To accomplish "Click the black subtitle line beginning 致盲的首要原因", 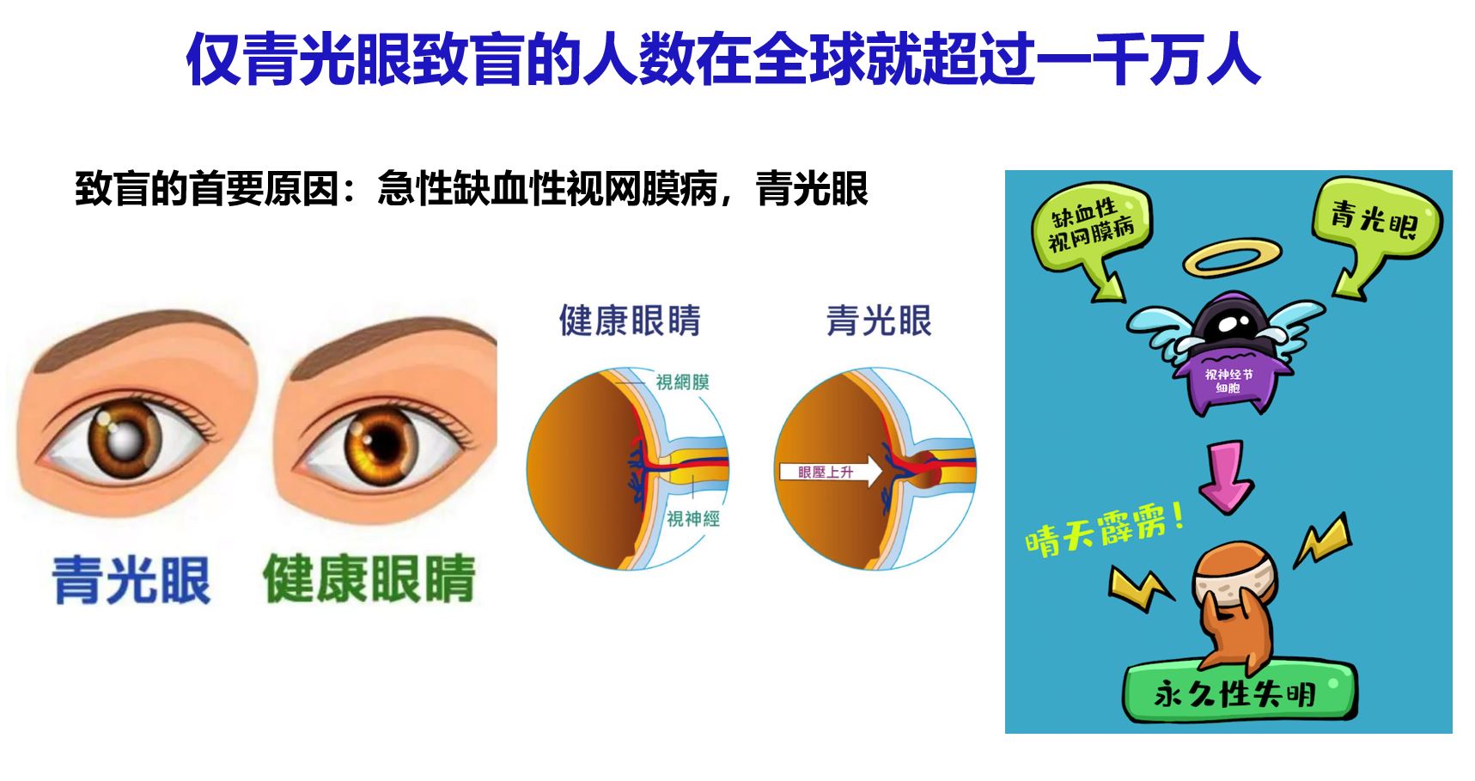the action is point(472,189).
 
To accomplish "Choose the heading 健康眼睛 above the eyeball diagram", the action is point(630,320).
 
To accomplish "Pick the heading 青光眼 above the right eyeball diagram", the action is point(879,320).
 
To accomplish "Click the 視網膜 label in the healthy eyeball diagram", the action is point(682,381).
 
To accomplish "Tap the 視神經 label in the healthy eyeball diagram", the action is point(693,518).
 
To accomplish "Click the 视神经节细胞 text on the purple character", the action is point(1228,381).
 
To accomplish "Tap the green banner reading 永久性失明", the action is point(1238,693).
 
